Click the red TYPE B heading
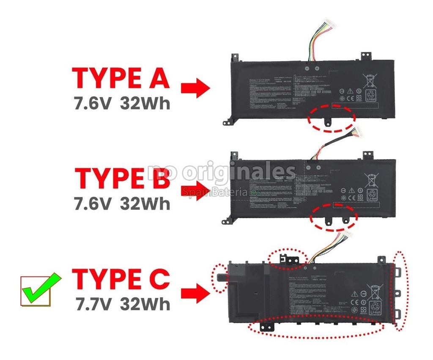(x=123, y=178)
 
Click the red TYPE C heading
(x=121, y=278)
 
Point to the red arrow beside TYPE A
(x=195, y=88)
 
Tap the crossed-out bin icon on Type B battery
(x=370, y=179)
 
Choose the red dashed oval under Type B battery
(x=334, y=217)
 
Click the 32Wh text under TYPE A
(x=145, y=103)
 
